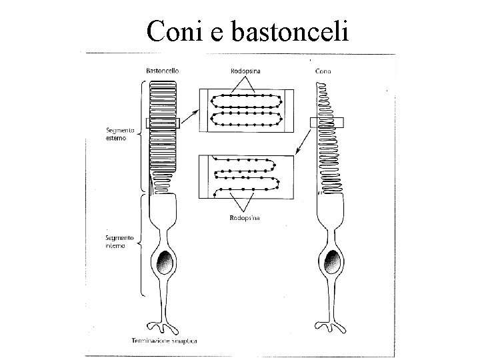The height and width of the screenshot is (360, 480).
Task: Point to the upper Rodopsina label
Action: coord(245,71)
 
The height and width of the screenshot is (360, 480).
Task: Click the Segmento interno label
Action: coord(119,241)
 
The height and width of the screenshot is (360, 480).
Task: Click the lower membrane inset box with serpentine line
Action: coord(246,177)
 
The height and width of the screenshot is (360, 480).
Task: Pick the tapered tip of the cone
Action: coord(318,90)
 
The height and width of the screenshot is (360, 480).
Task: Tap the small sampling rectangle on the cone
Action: coord(326,123)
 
